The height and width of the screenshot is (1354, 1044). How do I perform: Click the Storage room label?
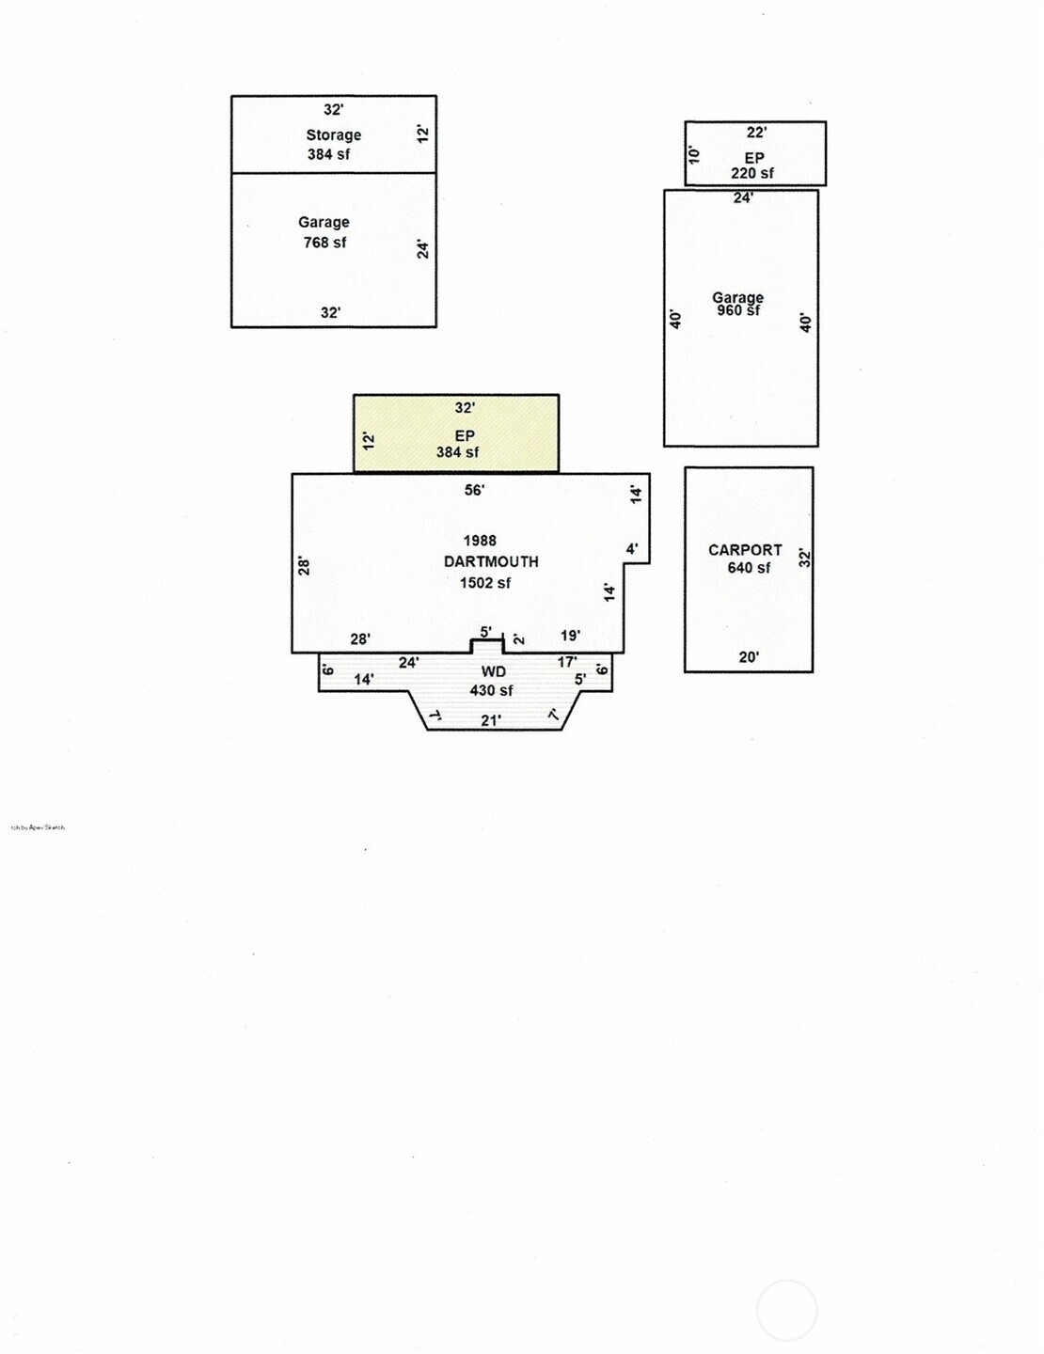[x=333, y=135]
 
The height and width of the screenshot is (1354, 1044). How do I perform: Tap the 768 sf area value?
[x=324, y=243]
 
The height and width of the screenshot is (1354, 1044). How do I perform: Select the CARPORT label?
[x=745, y=550]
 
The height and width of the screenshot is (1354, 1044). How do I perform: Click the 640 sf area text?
[x=749, y=568]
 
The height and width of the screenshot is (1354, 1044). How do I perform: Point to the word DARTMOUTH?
[x=491, y=561]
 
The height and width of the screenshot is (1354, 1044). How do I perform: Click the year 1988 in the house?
[x=480, y=541]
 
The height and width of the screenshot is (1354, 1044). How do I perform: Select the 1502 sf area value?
[x=485, y=583]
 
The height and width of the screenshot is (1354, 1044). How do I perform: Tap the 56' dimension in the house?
[x=475, y=490]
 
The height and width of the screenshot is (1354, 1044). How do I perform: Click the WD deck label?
[x=494, y=671]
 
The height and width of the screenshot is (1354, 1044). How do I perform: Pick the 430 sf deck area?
[x=491, y=690]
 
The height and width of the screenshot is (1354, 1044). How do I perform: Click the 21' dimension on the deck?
[x=491, y=720]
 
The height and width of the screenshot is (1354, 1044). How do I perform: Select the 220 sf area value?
[x=752, y=173]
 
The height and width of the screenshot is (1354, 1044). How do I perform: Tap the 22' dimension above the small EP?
[x=756, y=133]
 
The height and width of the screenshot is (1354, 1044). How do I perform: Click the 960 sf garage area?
[x=738, y=311]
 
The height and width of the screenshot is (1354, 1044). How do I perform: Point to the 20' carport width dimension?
[x=749, y=657]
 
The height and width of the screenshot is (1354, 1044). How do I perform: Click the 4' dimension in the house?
[x=632, y=548]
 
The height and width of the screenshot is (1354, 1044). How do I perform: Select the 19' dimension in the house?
[x=570, y=636]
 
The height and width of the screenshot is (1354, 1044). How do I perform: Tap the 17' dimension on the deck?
[x=567, y=662]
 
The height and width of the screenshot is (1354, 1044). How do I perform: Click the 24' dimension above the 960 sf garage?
[x=743, y=198]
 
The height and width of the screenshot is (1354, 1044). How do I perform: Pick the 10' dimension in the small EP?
[x=694, y=154]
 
